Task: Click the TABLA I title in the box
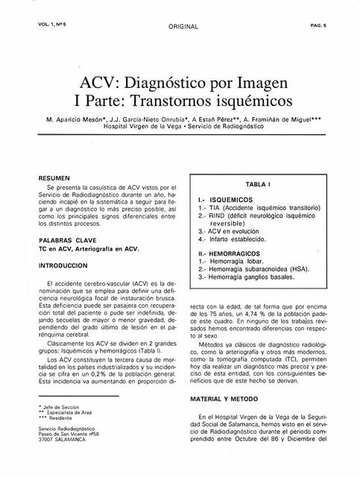[257, 184]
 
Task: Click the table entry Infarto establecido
[236, 240]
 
